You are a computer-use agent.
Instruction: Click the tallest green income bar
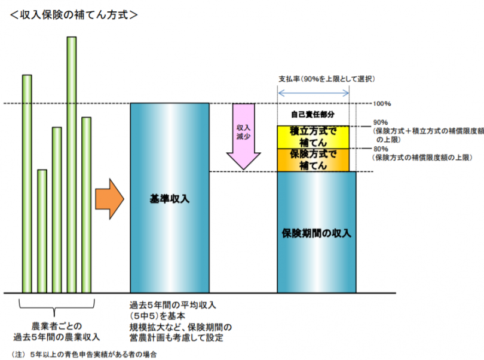click(72, 165)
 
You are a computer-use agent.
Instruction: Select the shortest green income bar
click(42, 231)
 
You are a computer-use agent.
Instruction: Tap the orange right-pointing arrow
click(109, 199)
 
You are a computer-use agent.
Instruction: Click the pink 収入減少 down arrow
click(244, 136)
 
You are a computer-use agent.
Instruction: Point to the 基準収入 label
click(170, 199)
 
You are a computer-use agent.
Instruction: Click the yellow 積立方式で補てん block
click(313, 137)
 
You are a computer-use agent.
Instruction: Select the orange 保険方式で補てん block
click(313, 160)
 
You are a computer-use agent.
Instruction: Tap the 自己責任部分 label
click(313, 115)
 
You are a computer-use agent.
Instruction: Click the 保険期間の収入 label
click(316, 233)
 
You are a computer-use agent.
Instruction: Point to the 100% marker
click(382, 104)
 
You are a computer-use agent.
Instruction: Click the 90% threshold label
click(381, 122)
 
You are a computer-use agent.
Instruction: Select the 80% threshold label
click(381, 149)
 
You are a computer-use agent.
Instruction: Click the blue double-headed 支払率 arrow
click(313, 93)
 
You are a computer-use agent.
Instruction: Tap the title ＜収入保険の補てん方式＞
click(73, 14)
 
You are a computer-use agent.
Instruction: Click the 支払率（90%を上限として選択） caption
click(327, 79)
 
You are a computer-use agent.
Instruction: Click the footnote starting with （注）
click(84, 355)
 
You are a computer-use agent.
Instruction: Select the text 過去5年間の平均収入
click(173, 305)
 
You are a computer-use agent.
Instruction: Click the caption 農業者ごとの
click(57, 326)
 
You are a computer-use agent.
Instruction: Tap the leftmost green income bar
click(27, 184)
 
